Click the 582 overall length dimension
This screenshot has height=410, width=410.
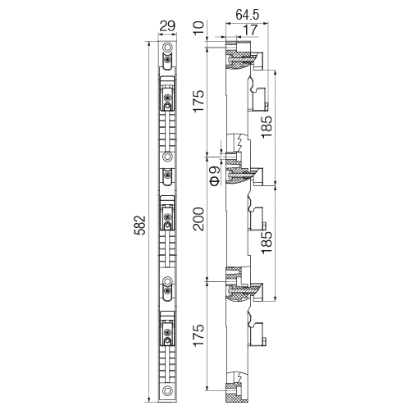pyautogui.click(x=140, y=225)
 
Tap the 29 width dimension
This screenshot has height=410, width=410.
pyautogui.click(x=167, y=26)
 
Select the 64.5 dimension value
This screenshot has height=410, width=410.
pyautogui.click(x=248, y=15)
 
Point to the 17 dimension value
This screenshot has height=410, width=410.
pyautogui.click(x=250, y=30)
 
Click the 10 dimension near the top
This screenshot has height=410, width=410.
pyautogui.click(x=199, y=27)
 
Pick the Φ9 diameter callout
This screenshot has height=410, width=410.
pyautogui.click(x=216, y=176)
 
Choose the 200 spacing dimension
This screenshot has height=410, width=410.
pyautogui.click(x=198, y=219)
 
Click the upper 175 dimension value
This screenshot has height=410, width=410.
pyautogui.click(x=198, y=101)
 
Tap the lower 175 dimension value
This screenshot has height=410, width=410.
pyautogui.click(x=198, y=335)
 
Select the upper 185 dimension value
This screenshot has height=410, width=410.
pyautogui.click(x=267, y=127)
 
